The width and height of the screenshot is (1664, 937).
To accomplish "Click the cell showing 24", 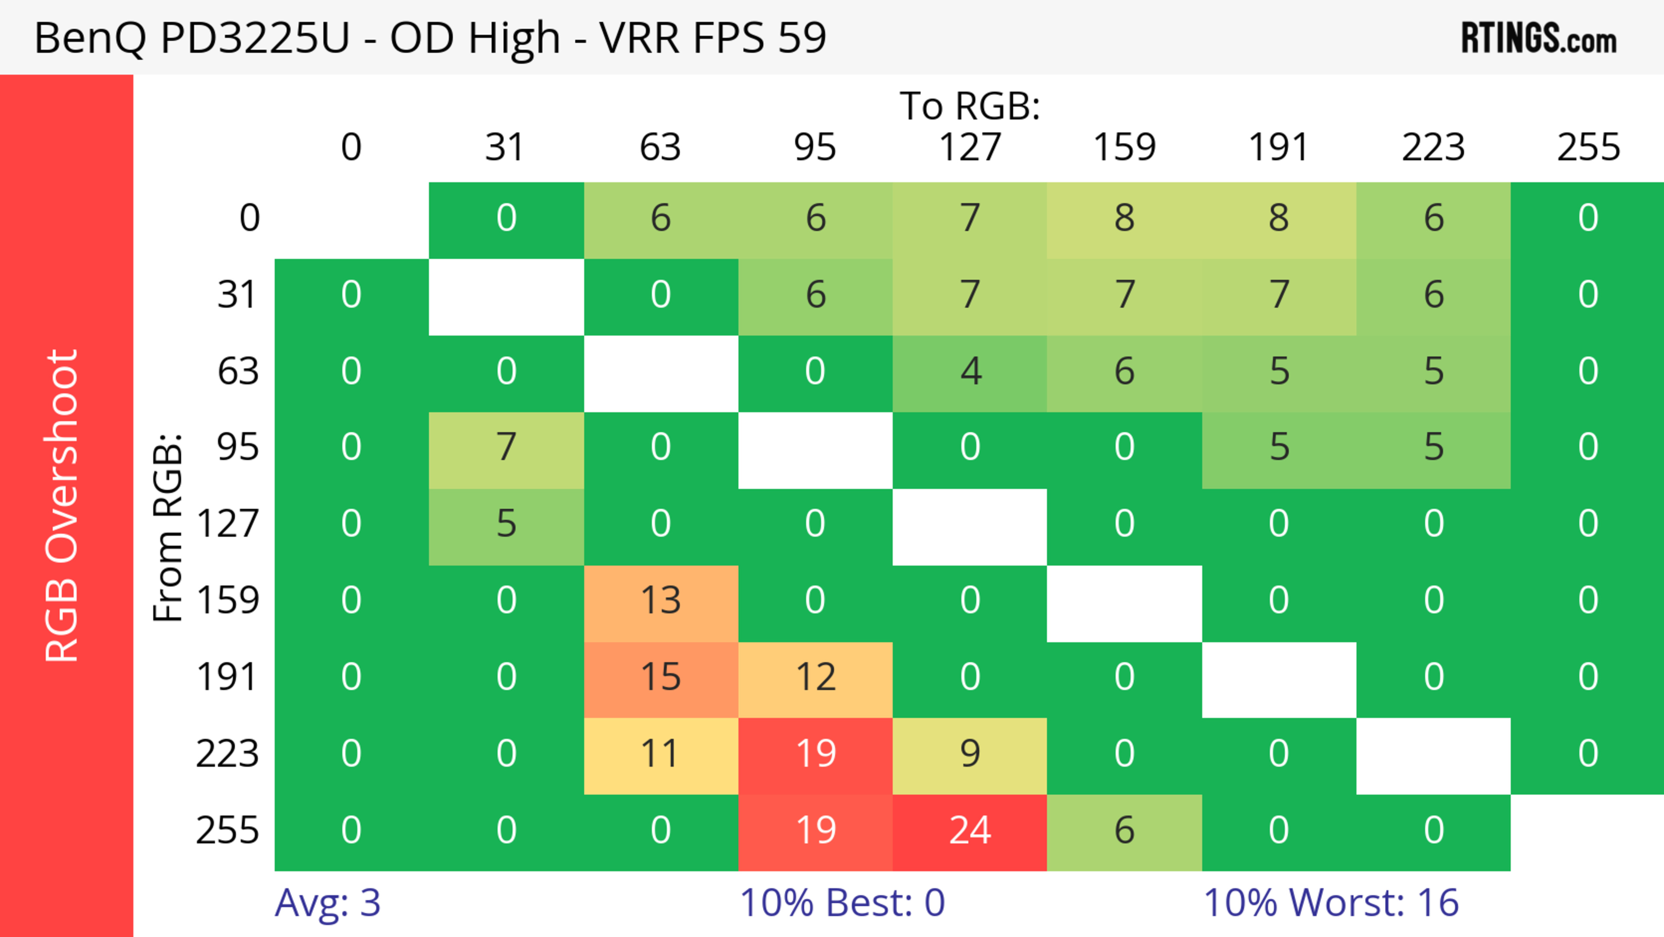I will tap(970, 832).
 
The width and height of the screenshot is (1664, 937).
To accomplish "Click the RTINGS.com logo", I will tap(1539, 38).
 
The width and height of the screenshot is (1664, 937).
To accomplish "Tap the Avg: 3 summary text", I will tap(328, 903).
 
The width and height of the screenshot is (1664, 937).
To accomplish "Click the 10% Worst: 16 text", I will tap(1331, 903).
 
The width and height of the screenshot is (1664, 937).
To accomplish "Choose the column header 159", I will tap(1124, 147).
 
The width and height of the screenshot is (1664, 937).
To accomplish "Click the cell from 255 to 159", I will tap(1124, 832).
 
